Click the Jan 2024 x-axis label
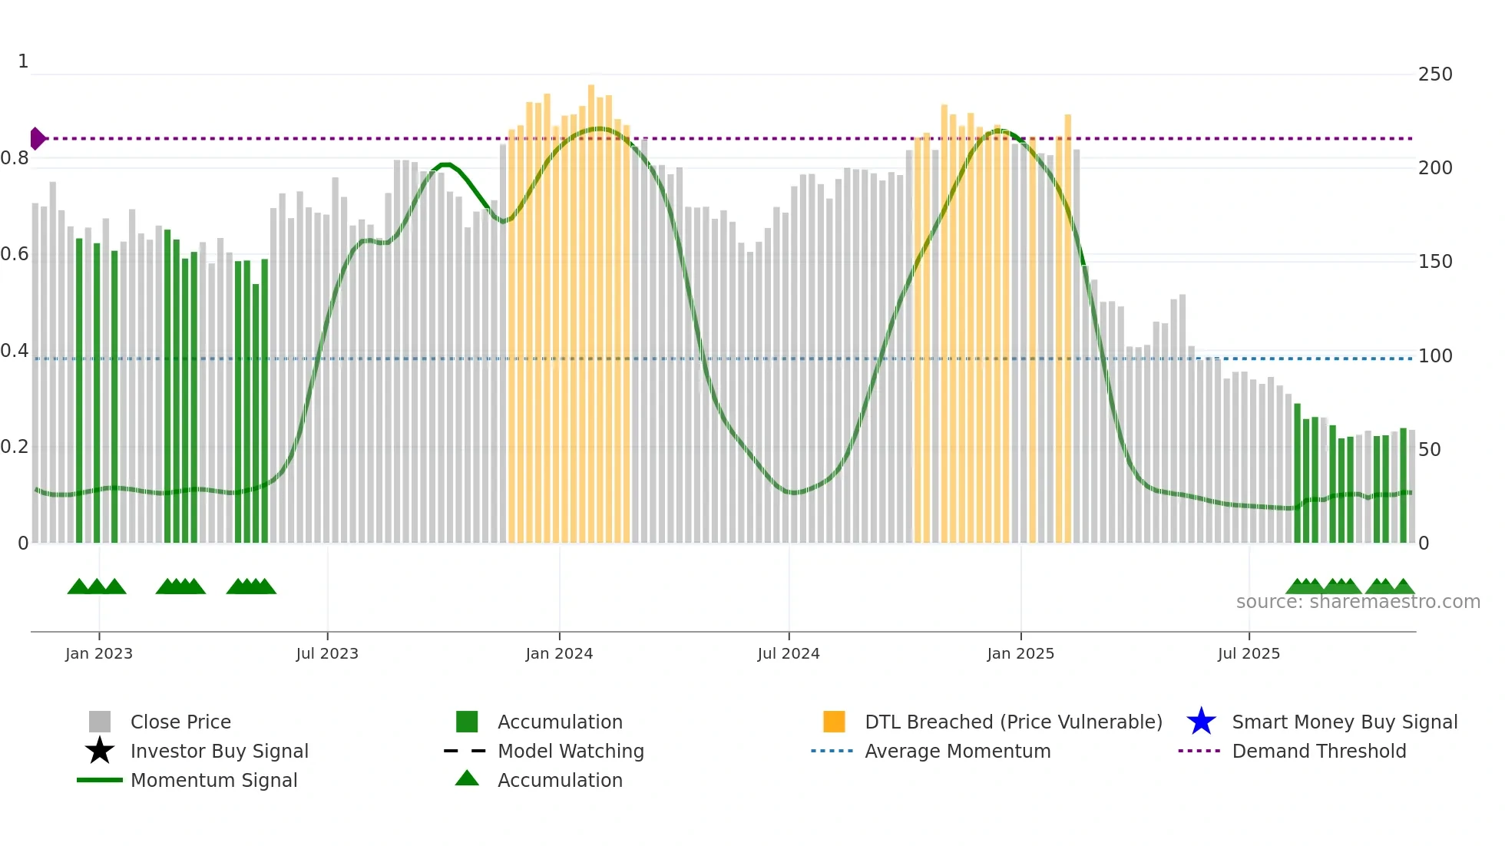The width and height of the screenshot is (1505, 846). (x=559, y=653)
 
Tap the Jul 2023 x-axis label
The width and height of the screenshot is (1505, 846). (x=327, y=653)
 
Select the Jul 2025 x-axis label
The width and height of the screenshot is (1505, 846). (x=1249, y=653)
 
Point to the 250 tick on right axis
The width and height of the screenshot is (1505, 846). (x=1435, y=74)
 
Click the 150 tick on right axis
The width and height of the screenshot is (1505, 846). (x=1435, y=262)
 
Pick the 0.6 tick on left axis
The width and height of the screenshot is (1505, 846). (x=15, y=254)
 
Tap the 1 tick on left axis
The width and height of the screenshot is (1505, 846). (x=23, y=61)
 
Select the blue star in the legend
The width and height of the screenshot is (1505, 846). (x=1201, y=722)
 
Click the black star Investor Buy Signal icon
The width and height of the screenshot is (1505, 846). (x=100, y=751)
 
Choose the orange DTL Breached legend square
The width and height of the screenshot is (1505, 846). (x=834, y=722)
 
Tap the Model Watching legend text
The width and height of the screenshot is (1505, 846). (x=571, y=751)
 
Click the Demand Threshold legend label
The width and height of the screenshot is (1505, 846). (x=1318, y=751)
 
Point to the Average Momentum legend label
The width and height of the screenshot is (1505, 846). (x=958, y=751)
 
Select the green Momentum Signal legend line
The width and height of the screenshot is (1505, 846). (x=100, y=780)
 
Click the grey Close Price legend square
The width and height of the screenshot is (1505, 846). (x=100, y=722)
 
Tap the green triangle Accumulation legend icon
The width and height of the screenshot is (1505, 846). (x=467, y=778)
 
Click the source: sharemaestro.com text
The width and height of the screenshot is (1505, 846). (x=1358, y=602)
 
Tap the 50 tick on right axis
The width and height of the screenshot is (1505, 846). (x=1429, y=450)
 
